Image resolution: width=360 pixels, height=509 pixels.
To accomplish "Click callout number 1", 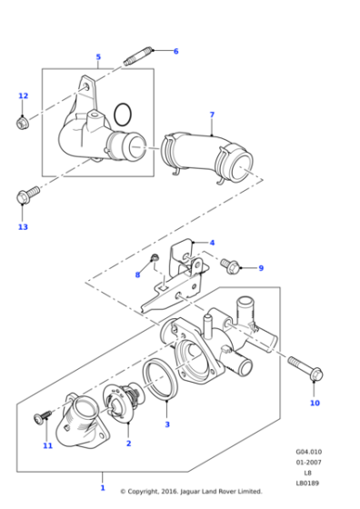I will pos(103,488).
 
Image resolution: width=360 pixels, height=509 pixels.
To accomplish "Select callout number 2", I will pos(128,443).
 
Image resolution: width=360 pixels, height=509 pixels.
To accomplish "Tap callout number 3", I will pos(167,424).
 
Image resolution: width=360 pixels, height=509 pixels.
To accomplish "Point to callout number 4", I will pos(212,243).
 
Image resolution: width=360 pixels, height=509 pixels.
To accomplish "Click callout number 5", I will pos(98,57).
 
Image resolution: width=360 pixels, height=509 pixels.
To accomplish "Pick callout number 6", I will pos(175,51).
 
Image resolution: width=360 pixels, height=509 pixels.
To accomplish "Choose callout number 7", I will pos(212,115).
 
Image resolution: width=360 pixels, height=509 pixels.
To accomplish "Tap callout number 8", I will pos(138,274).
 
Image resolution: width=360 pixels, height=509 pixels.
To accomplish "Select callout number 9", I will pos(260,268).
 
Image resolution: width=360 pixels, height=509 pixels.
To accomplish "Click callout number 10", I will pos(315,402).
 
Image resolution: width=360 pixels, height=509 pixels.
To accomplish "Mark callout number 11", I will pos(47,445).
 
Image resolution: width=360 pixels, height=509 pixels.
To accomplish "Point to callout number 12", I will pos(24,95).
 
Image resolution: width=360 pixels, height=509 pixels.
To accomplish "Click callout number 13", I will pos(24,226).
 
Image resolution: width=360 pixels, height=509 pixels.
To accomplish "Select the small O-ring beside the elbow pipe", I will pos(125,114).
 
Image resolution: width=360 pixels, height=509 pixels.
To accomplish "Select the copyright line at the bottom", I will pos(191,492).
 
